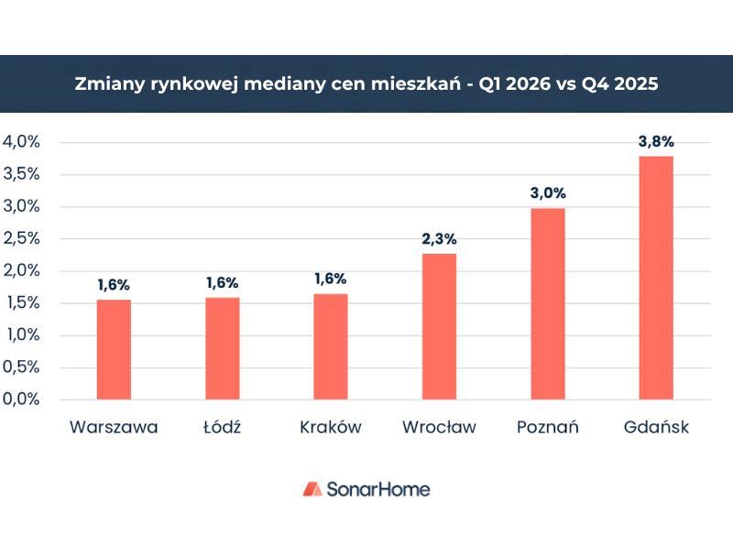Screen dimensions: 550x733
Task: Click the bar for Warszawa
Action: pyautogui.click(x=114, y=349)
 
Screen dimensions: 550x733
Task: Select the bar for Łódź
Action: pyautogui.click(x=222, y=348)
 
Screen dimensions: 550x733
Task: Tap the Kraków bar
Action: pyautogui.click(x=331, y=346)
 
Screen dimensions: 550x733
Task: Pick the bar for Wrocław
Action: pyautogui.click(x=439, y=326)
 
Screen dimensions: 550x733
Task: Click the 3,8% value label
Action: pyautogui.click(x=656, y=141)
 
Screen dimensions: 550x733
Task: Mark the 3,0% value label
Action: pyautogui.click(x=548, y=193)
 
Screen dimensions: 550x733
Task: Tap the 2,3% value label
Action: pyautogui.click(x=439, y=238)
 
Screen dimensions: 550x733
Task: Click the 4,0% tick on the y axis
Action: pyautogui.click(x=22, y=142)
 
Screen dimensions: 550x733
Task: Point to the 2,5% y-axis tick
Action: pyautogui.click(x=22, y=238)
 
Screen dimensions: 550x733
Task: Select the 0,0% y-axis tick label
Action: pyautogui.click(x=22, y=400)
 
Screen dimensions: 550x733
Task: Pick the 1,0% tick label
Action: pyautogui.click(x=22, y=335)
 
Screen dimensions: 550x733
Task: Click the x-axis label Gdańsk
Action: pyautogui.click(x=656, y=427)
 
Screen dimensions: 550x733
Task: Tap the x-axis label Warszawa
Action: pyautogui.click(x=114, y=427)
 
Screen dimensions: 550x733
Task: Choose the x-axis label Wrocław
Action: pyautogui.click(x=439, y=427)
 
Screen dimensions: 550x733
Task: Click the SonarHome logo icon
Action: pyautogui.click(x=312, y=489)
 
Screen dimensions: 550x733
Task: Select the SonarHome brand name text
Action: pyautogui.click(x=378, y=489)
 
